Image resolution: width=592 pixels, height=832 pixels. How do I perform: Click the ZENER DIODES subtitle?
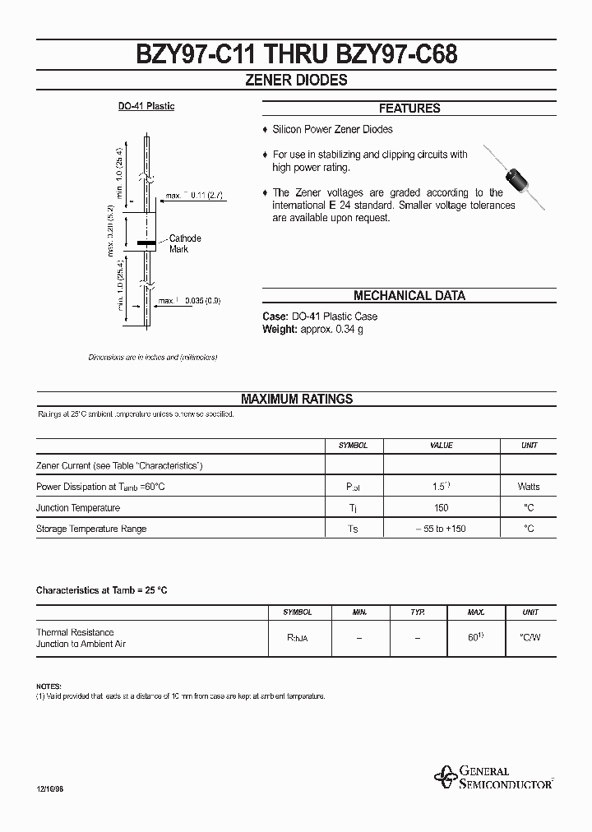click(x=296, y=81)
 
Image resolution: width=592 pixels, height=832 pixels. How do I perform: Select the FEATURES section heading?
click(x=409, y=109)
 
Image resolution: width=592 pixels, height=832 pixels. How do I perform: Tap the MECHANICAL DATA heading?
click(x=409, y=296)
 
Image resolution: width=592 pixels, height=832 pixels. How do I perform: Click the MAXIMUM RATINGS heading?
click(x=296, y=399)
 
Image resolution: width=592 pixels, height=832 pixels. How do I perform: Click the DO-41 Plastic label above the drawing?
click(x=146, y=107)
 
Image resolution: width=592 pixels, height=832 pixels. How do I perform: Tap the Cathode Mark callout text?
click(x=185, y=243)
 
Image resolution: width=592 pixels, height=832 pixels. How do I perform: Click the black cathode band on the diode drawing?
click(x=146, y=244)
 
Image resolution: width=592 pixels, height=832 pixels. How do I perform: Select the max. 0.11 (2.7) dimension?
click(x=195, y=196)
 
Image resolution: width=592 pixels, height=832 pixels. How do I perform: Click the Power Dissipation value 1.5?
click(x=441, y=487)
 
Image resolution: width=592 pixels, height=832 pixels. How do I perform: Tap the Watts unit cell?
click(x=529, y=487)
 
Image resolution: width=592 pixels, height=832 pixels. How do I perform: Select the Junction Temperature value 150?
click(x=441, y=508)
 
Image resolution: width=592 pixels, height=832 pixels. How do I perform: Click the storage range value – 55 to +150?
click(x=441, y=529)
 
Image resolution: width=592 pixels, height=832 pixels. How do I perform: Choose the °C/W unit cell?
click(x=530, y=638)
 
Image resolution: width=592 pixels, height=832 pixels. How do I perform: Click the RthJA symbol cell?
click(x=297, y=638)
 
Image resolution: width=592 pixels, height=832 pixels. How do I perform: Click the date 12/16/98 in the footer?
click(x=50, y=788)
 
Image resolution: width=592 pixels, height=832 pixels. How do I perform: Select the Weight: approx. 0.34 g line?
click(x=312, y=329)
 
